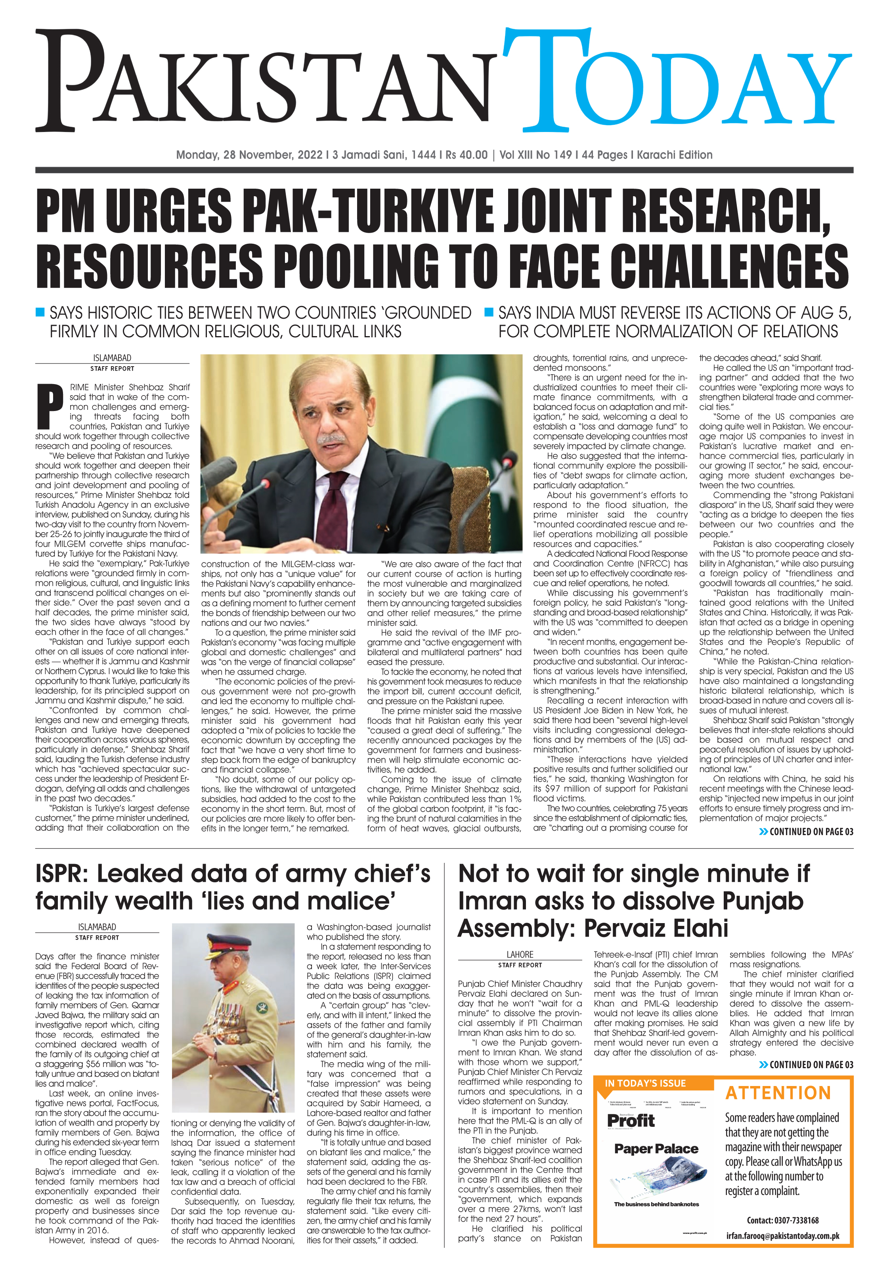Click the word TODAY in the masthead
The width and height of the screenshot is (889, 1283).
677,84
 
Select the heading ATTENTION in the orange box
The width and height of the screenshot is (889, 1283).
778,1093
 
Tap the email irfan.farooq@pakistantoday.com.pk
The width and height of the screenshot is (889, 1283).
783,1236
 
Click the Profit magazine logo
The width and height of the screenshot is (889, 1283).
631,1121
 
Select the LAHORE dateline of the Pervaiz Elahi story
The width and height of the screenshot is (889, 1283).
519,954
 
